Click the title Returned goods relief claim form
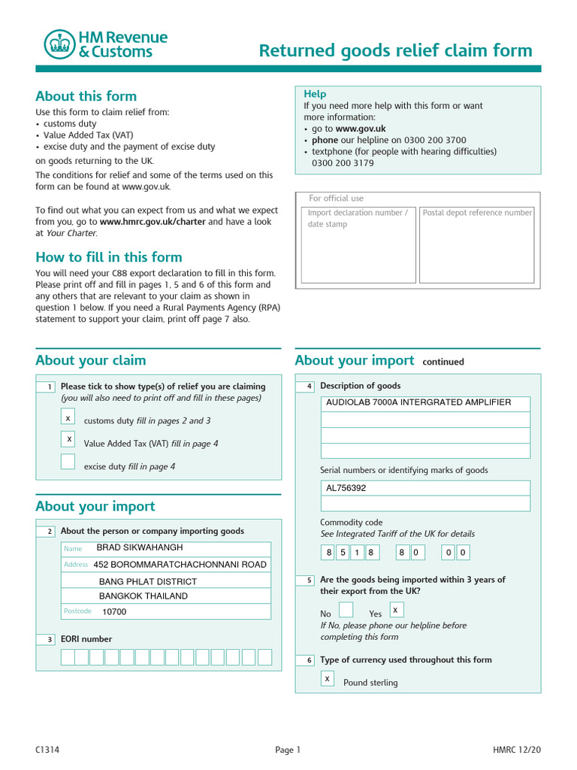coord(395,50)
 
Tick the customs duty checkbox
coord(68,417)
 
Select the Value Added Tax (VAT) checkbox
coord(68,438)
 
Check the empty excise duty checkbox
coord(68,462)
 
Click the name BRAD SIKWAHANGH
coord(140,547)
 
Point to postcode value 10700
coord(114,611)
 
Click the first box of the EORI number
coord(68,657)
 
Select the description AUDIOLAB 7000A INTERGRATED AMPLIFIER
coord(418,402)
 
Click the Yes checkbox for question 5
coord(397,610)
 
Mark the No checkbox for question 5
coord(346,610)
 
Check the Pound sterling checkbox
coord(328,678)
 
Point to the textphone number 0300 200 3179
coord(343,162)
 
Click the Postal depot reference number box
coord(476,245)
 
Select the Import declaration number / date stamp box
coord(358,245)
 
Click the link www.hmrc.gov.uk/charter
coord(153,222)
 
